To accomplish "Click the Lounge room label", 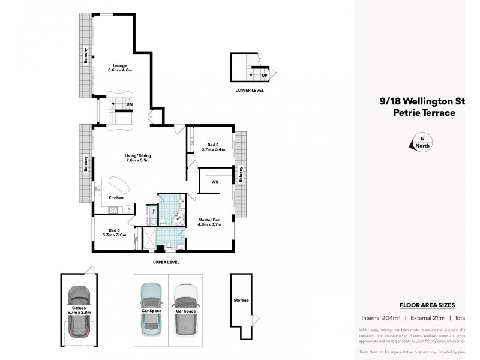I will point(119,68).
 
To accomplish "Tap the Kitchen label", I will point(116,197).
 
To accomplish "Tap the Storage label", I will point(241,300).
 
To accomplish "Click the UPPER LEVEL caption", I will point(166,262).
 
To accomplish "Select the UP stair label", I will point(263,75).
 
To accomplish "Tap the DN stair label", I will point(130,104).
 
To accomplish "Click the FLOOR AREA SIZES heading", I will point(431,305).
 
